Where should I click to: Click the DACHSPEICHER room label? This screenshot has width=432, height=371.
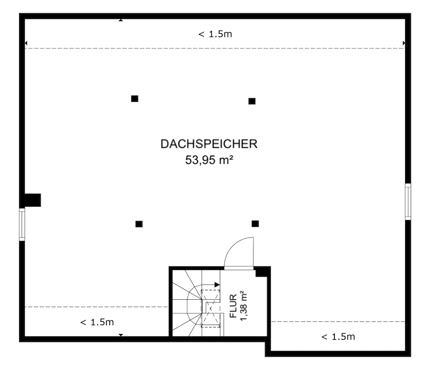[209, 144]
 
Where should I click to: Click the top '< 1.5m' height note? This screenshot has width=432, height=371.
[215, 34]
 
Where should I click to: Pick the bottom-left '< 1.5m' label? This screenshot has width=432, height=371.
[96, 322]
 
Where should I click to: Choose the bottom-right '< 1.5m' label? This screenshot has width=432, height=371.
[338, 336]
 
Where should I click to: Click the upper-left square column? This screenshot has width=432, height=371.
[134, 98]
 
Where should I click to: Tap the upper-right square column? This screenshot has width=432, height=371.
[252, 101]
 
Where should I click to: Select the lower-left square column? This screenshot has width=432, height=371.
[139, 224]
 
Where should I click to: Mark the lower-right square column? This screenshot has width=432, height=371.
[255, 223]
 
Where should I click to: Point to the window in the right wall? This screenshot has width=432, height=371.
[408, 201]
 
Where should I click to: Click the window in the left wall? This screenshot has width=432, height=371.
[22, 224]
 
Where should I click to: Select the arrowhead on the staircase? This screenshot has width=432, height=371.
[217, 284]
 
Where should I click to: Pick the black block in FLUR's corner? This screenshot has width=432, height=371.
[261, 272]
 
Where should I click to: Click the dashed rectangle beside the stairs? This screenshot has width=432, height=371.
[211, 308]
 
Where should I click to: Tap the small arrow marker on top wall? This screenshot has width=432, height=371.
[121, 20]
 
